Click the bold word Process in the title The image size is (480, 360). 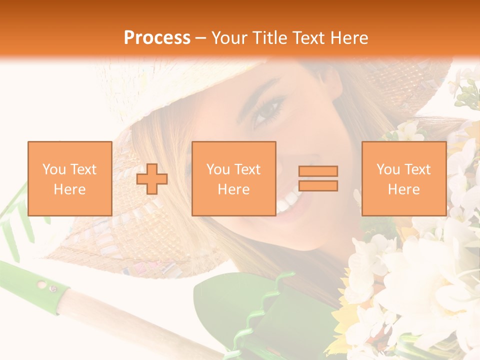(x=157, y=38)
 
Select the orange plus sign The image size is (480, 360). (x=152, y=178)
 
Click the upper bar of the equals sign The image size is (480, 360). (x=318, y=171)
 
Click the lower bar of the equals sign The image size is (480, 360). (x=318, y=186)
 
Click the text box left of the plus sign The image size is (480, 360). (x=69, y=178)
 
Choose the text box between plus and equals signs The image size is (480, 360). (x=233, y=178)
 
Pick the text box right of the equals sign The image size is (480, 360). (x=403, y=178)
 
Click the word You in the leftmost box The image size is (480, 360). (x=54, y=169)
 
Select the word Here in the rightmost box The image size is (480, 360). (x=403, y=189)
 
